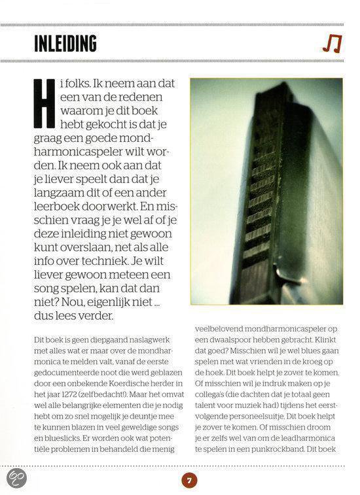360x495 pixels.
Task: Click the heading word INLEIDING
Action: [x=65, y=44]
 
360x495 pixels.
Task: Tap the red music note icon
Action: [x=331, y=44]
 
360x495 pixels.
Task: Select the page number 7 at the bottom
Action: [x=189, y=481]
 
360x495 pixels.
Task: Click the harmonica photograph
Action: [x=266, y=192]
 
